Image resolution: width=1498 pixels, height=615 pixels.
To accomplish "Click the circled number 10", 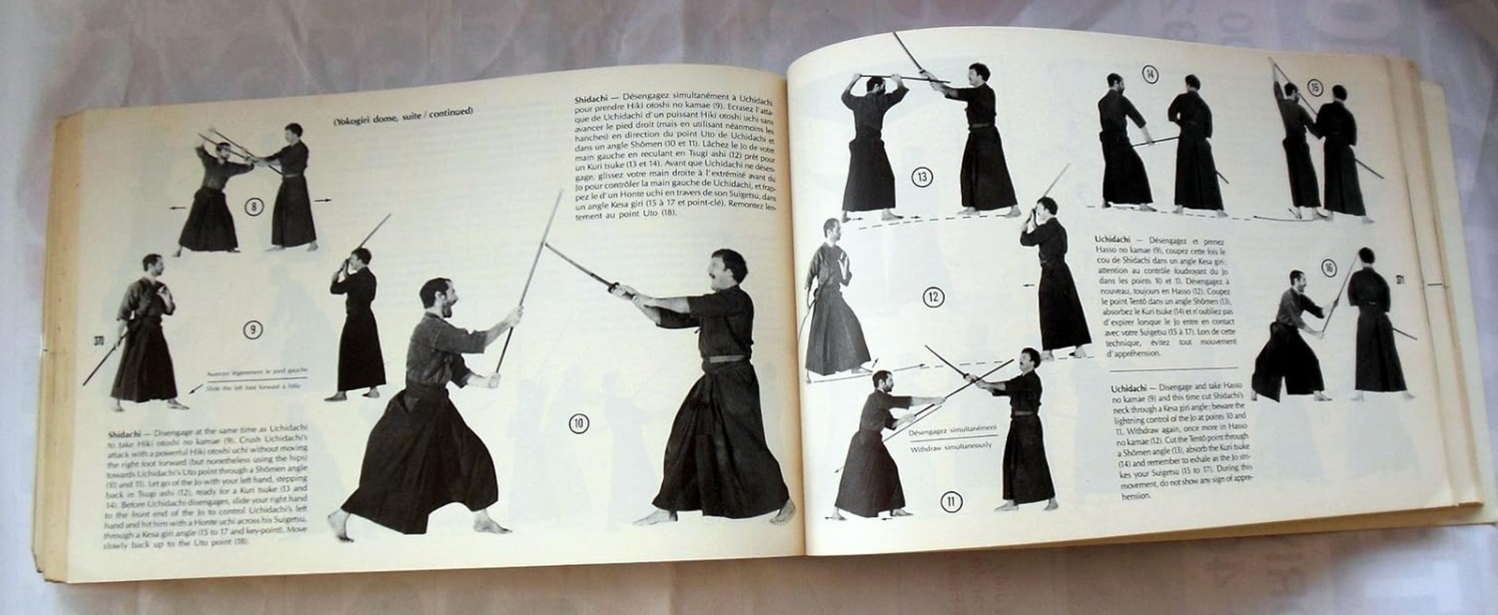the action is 579,423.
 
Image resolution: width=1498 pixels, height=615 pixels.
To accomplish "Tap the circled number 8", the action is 254,207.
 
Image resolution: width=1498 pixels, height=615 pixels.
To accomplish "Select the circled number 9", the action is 253,328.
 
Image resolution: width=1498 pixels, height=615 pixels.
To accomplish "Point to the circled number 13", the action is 922,178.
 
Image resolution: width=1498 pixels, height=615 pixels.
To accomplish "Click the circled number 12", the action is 933,297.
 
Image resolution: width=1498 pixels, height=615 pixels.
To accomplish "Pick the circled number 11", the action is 951,501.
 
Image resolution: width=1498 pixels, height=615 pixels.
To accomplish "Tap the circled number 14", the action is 1150,74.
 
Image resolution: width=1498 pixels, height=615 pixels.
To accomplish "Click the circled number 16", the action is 1328,268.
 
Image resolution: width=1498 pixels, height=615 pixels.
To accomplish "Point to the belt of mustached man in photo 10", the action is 727,357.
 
